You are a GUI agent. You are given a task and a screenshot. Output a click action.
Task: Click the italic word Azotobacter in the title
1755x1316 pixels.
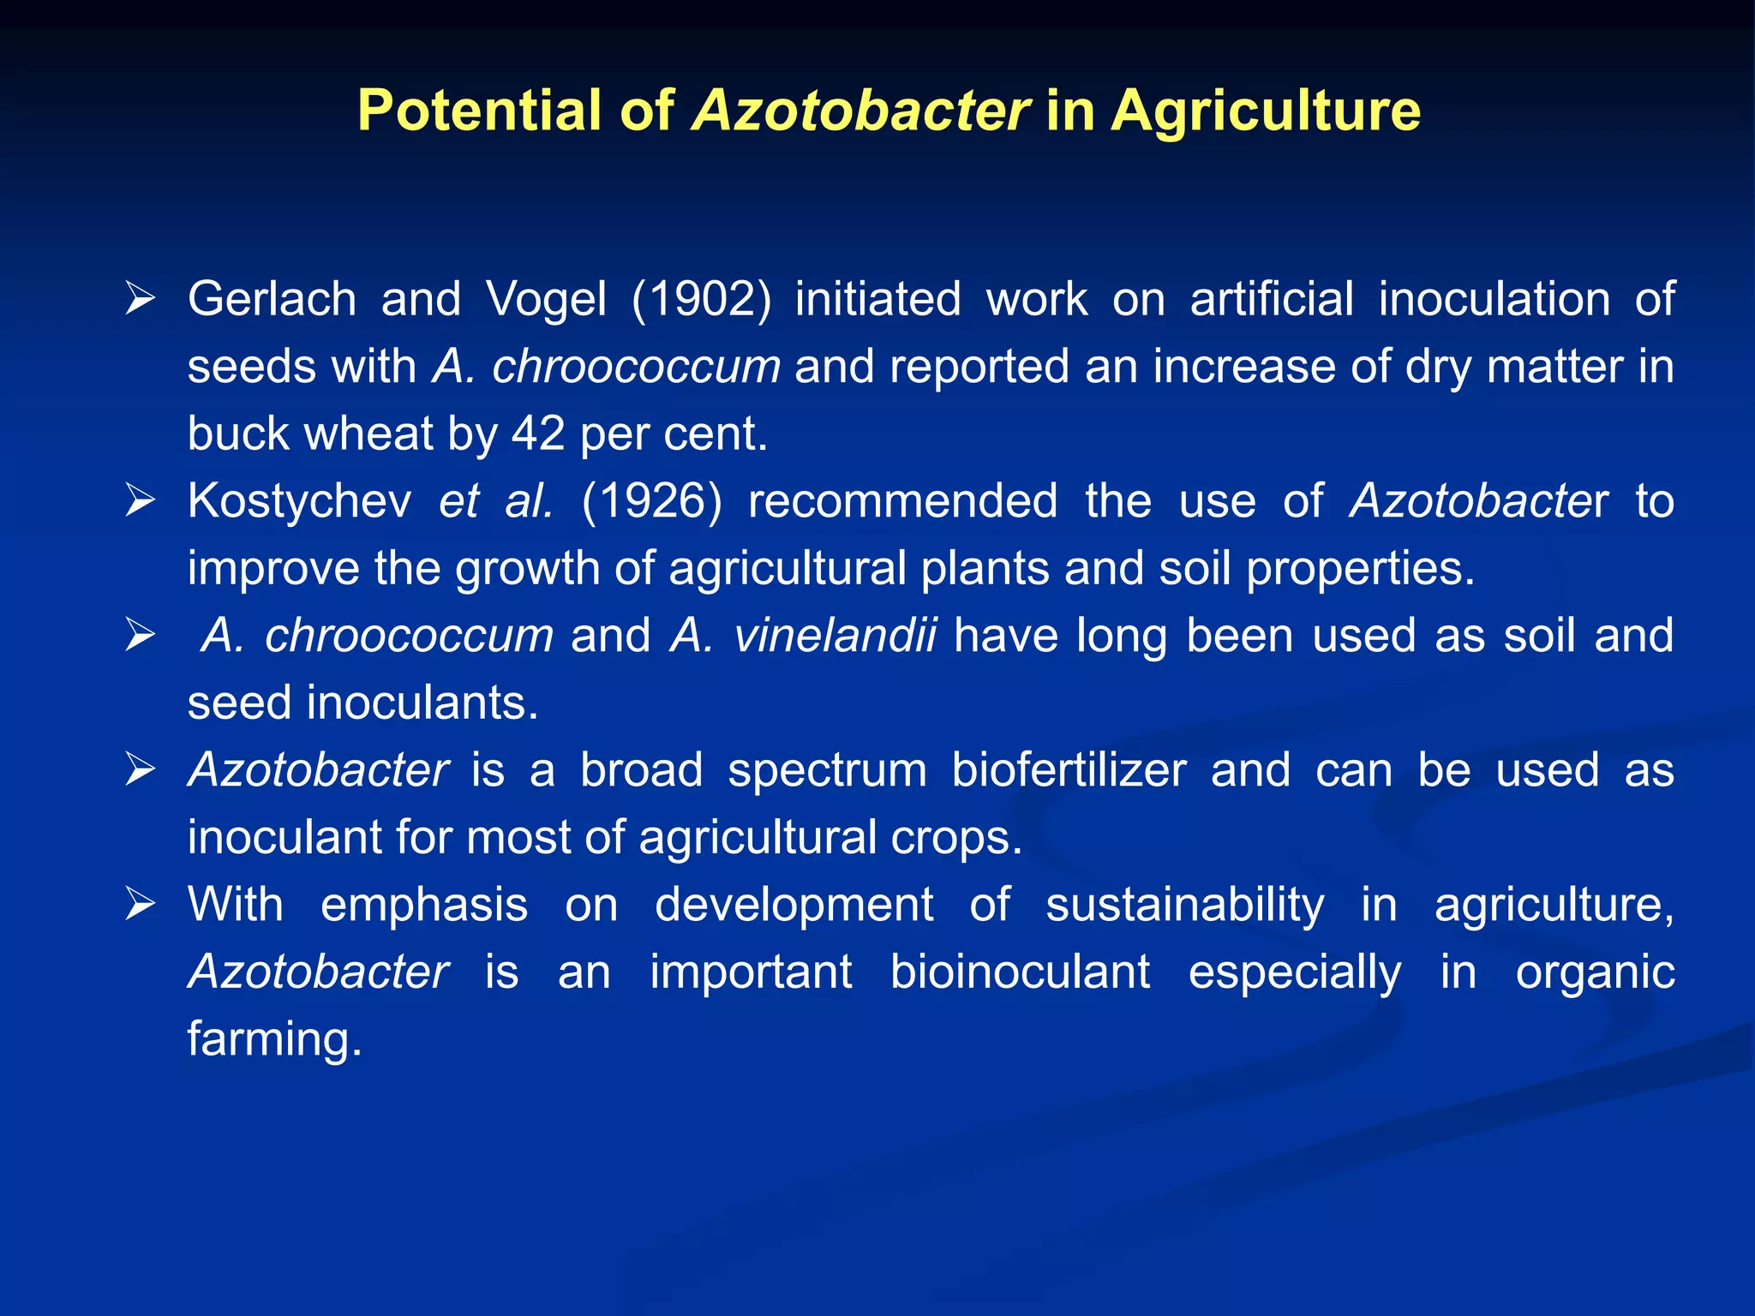[x=860, y=111]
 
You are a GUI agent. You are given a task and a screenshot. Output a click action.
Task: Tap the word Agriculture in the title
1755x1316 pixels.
[x=1266, y=111]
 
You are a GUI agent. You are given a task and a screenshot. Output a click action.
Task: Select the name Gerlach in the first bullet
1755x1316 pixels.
[x=272, y=300]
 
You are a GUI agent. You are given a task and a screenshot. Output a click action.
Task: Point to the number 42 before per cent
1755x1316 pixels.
[x=538, y=434]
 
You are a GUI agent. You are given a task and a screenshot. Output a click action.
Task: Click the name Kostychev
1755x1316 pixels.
[x=299, y=501]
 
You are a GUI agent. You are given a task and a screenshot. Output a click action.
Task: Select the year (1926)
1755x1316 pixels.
[x=651, y=501]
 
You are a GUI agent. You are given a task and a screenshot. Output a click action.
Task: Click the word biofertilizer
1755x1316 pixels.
[x=1069, y=770]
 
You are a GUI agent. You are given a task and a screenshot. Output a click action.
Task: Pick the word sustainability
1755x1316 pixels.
[x=1184, y=905]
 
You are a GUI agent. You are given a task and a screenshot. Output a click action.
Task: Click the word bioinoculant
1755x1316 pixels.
[x=1020, y=972]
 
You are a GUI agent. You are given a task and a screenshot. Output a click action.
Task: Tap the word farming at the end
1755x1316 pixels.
[x=274, y=1039]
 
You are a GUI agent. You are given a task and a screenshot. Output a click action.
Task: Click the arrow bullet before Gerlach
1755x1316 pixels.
[x=140, y=299]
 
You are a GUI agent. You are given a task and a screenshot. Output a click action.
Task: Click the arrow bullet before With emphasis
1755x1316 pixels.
[x=140, y=904]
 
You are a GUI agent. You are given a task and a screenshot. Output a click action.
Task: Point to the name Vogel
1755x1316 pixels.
[x=547, y=300]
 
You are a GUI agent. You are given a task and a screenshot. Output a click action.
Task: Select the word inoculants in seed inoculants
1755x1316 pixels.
[x=422, y=703]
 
